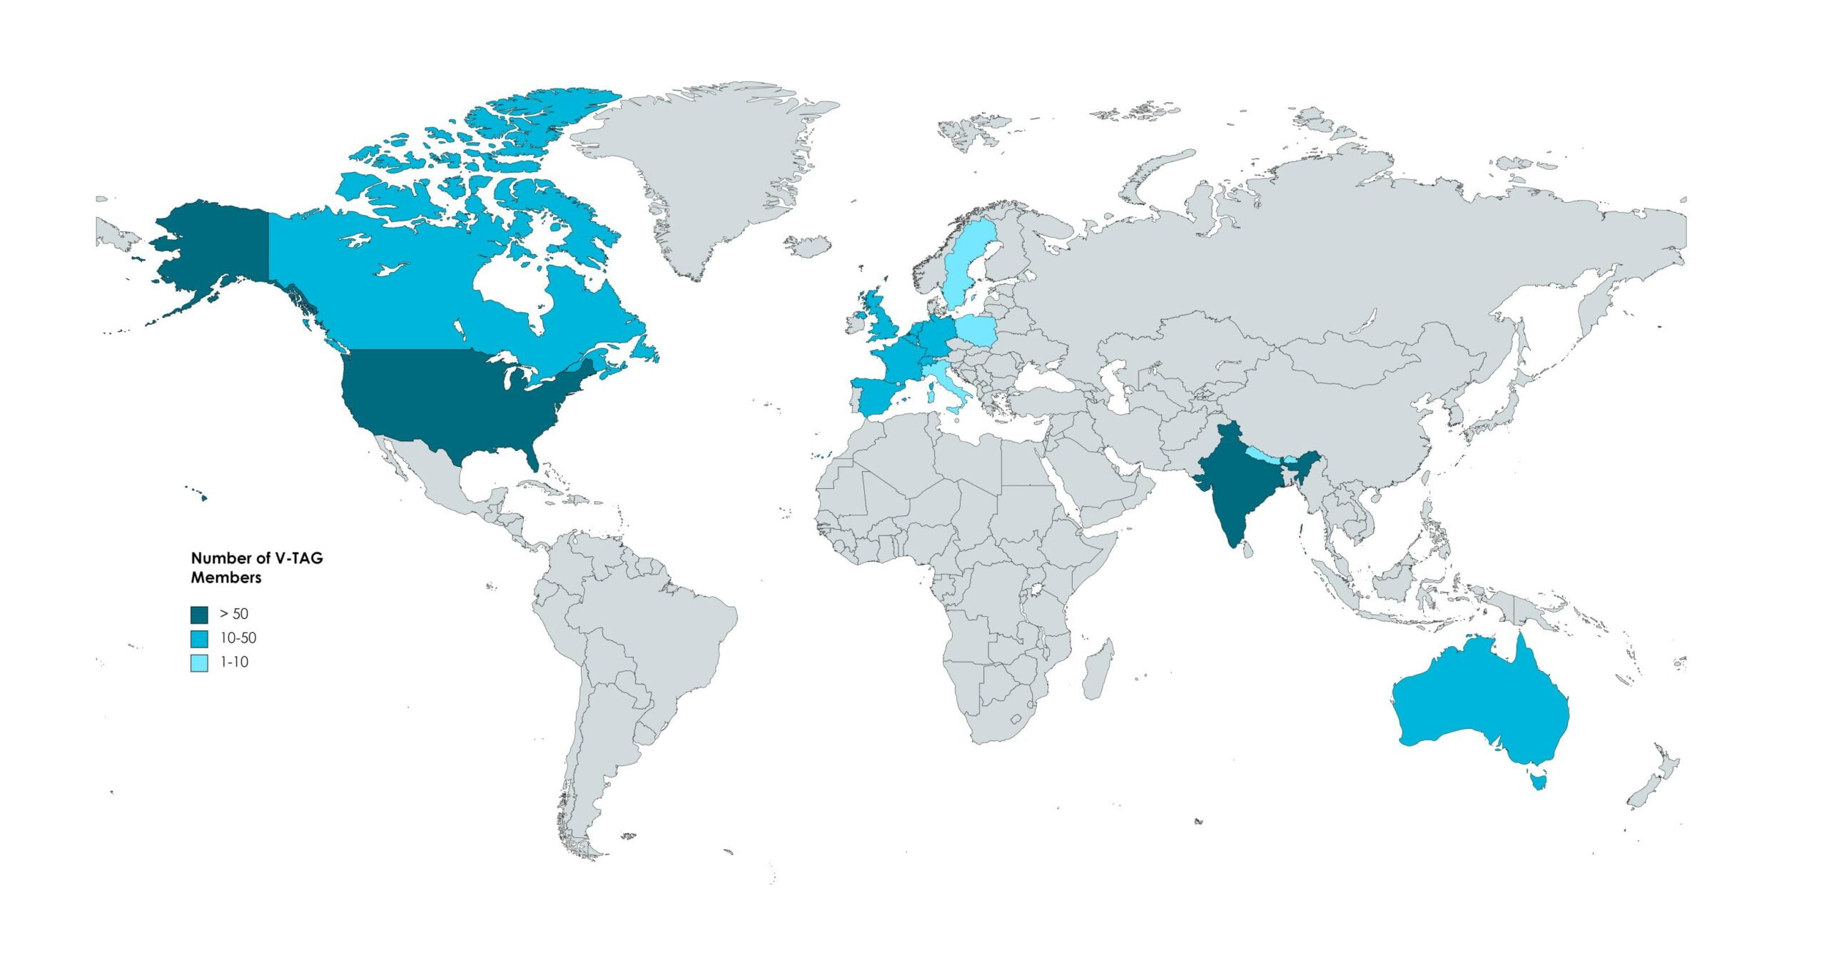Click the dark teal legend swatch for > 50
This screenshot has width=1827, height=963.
[x=199, y=615]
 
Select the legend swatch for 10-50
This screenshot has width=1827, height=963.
[x=199, y=639]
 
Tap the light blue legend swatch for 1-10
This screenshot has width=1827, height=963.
[x=199, y=662]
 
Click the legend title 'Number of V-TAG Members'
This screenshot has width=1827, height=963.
[x=256, y=568]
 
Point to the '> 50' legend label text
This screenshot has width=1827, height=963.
[x=234, y=614]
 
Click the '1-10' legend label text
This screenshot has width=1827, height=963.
[x=234, y=662]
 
